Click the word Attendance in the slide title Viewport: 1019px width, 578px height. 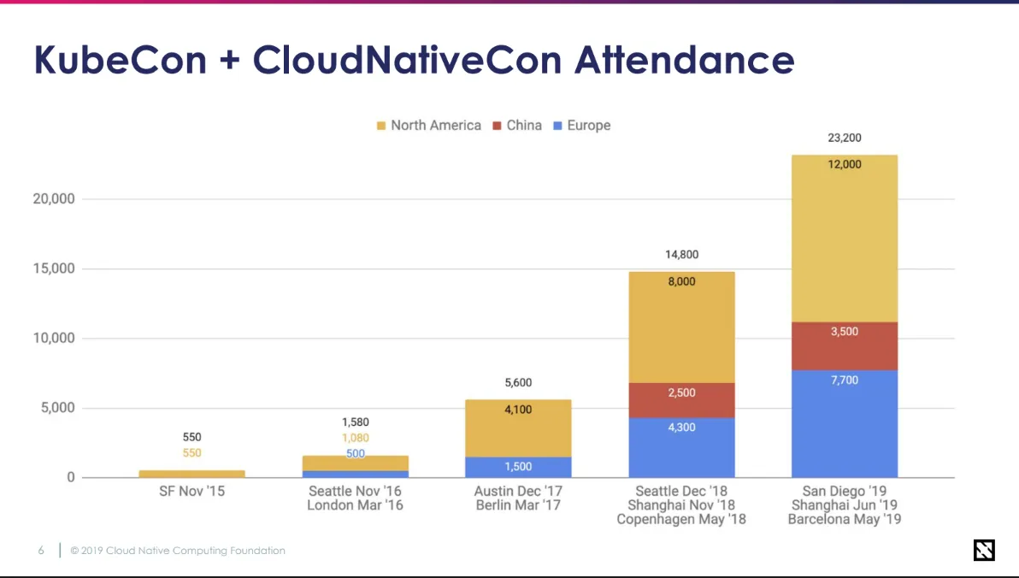(684, 61)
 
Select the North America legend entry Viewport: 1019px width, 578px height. (428, 126)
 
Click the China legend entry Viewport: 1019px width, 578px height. (517, 126)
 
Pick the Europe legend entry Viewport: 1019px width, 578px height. (581, 126)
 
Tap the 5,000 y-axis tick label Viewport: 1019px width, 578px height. (57, 408)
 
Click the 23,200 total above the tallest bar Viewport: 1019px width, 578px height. (845, 138)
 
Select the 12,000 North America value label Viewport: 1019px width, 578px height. (845, 164)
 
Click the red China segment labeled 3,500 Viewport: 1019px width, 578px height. (845, 345)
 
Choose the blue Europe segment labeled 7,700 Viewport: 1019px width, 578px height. (845, 423)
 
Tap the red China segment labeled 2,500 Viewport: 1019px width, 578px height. (681, 400)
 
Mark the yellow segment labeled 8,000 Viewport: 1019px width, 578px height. (681, 327)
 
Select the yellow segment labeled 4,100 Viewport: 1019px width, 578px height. (518, 428)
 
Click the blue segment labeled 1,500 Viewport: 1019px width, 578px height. (518, 467)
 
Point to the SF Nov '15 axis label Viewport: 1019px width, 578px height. (191, 492)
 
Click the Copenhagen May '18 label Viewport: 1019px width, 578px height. (681, 519)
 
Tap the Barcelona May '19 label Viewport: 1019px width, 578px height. (845, 519)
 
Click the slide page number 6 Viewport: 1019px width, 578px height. (40, 551)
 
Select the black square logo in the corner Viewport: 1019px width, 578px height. (984, 551)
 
